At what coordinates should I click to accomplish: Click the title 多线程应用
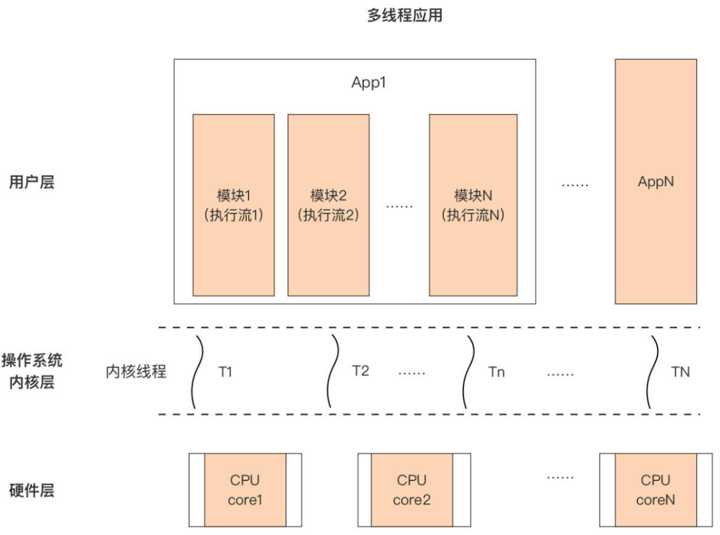pos(404,16)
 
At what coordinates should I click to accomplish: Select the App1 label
pos(369,83)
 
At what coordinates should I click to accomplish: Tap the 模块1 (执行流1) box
pos(233,205)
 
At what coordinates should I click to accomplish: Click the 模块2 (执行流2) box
pos(328,205)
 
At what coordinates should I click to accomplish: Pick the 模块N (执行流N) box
pos(473,205)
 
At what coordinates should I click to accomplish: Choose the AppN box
pos(656,182)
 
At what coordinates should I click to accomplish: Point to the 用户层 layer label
pos(31,182)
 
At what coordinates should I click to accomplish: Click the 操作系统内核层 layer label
pos(31,371)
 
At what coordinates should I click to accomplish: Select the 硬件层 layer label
pos(31,490)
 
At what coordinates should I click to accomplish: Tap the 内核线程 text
pos(136,372)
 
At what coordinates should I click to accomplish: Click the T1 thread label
pos(225,372)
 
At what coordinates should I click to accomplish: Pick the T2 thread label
pos(361,371)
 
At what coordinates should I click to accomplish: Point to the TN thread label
pos(680,372)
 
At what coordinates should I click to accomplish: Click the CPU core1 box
pos(245,490)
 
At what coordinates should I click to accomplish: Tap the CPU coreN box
pos(656,490)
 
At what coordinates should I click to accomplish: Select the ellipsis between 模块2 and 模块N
pos(399,206)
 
